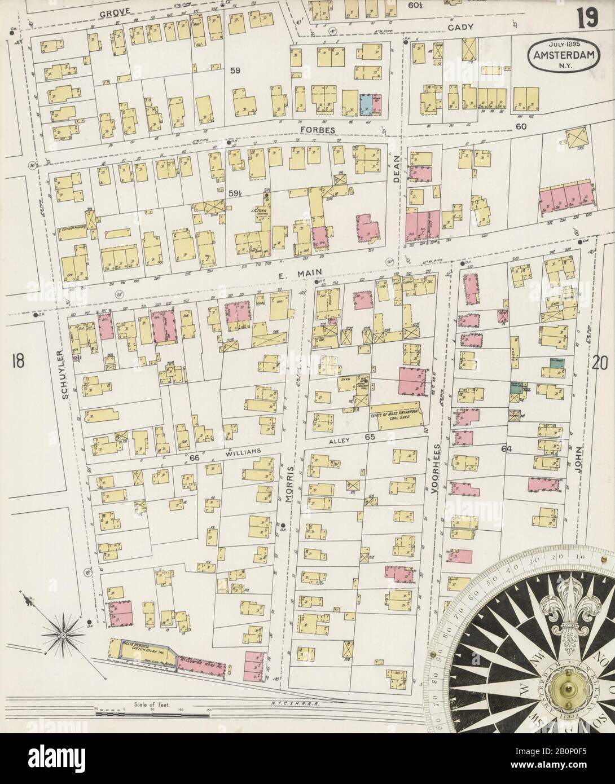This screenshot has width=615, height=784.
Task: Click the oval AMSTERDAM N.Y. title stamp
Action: tap(560, 55)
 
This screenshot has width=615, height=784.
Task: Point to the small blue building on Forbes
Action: tap(366, 103)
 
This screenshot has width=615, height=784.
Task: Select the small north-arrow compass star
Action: tap(63, 634)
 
